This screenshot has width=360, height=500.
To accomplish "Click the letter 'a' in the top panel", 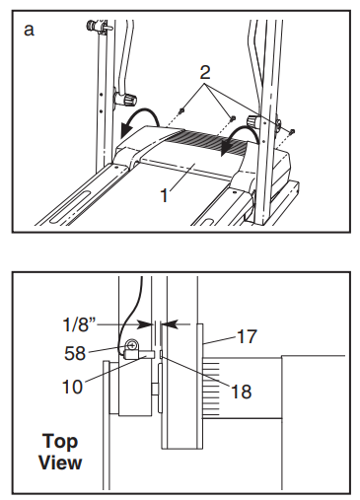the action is click(29, 31).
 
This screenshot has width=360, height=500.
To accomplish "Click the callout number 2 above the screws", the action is click(205, 73).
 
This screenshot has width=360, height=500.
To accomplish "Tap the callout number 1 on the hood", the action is click(165, 195).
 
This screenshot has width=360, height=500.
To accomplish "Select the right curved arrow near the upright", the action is click(239, 139).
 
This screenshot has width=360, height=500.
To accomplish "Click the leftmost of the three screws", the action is click(181, 111).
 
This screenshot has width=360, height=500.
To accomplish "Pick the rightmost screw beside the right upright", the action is click(292, 132).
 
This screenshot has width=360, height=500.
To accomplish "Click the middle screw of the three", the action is click(233, 117).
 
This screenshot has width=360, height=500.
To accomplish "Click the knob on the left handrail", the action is click(126, 98).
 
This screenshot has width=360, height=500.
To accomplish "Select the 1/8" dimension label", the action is click(79, 324).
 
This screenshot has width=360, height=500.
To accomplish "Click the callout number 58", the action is click(75, 353).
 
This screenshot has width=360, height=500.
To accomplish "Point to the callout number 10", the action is click(72, 387).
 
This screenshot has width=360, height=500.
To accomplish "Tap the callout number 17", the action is click(247, 336).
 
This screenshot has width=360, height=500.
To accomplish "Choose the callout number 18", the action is click(242, 392).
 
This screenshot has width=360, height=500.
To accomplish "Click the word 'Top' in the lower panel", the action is click(60, 441).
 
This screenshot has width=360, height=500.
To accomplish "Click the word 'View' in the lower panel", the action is click(60, 463).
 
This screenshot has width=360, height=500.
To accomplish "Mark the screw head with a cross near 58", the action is click(132, 345).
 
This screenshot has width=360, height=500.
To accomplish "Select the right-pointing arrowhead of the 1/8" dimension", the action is click(145, 324).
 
